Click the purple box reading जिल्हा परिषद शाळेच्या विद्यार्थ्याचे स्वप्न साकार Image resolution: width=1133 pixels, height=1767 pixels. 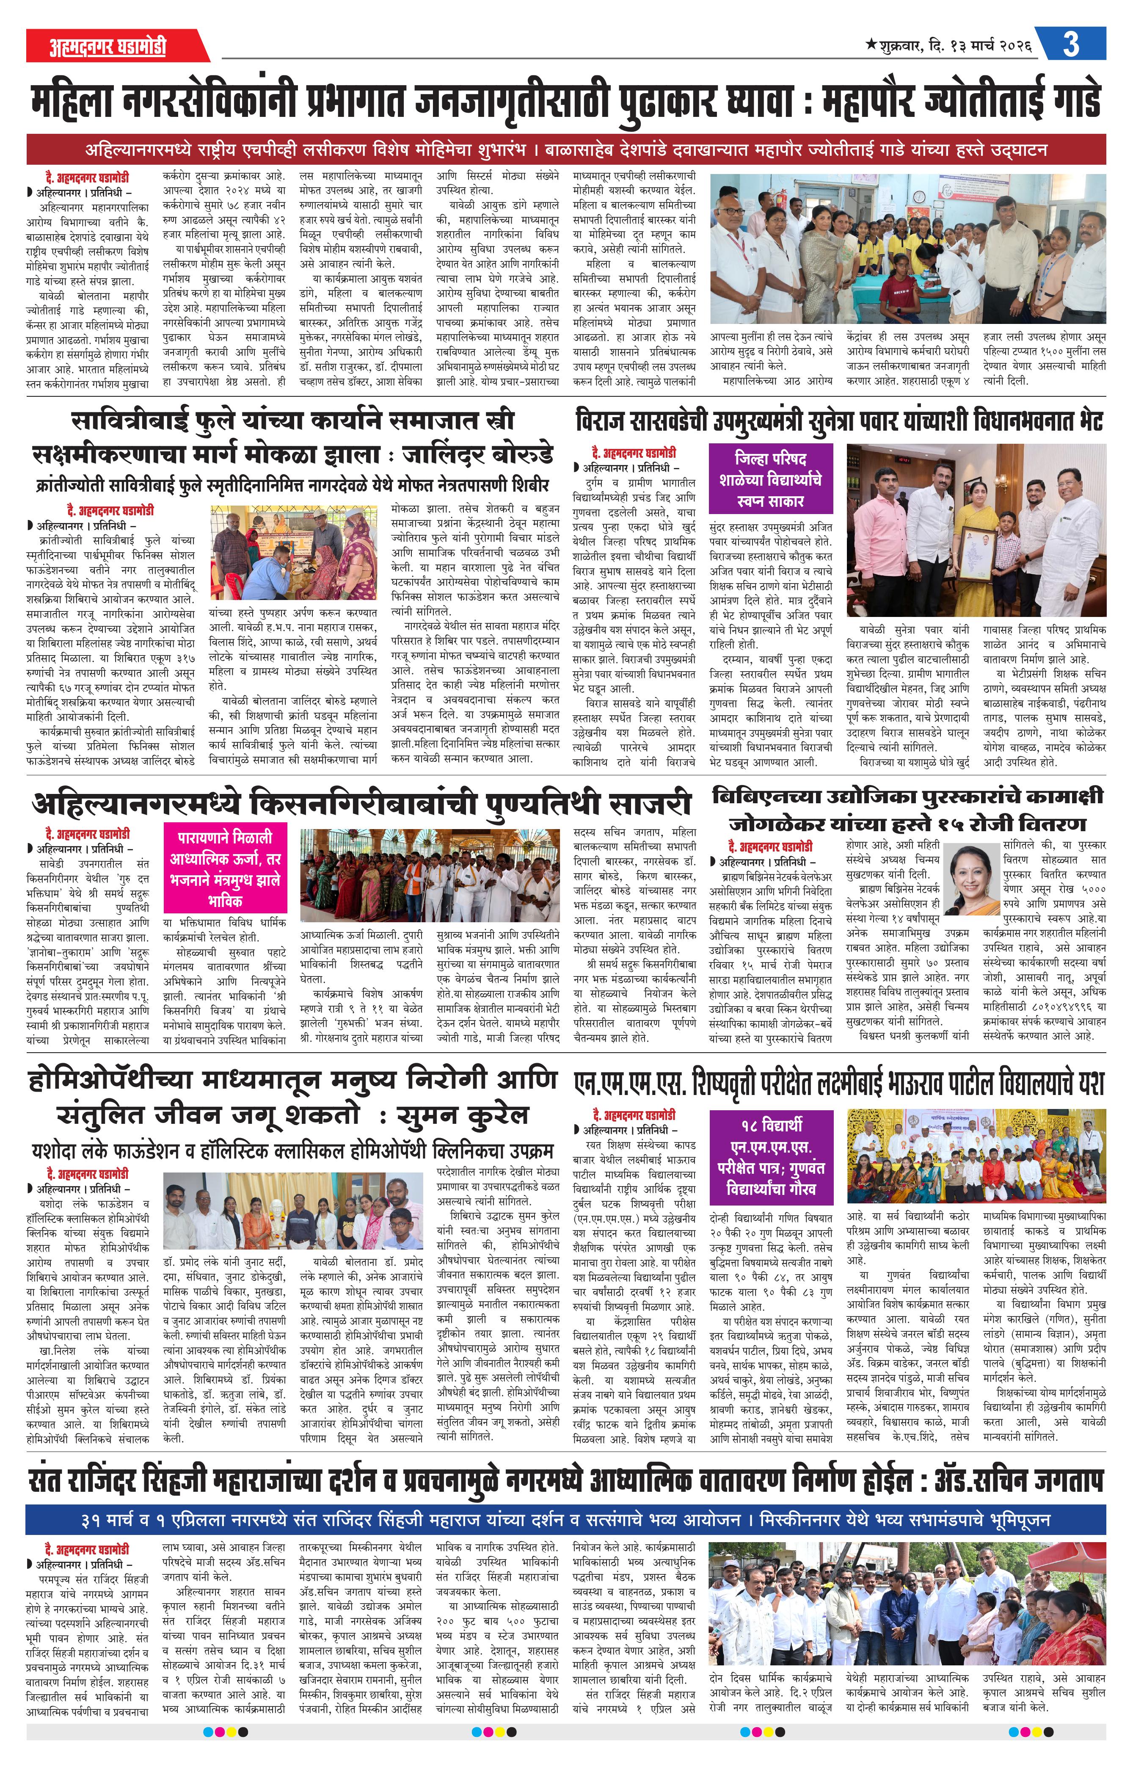click(770, 479)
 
